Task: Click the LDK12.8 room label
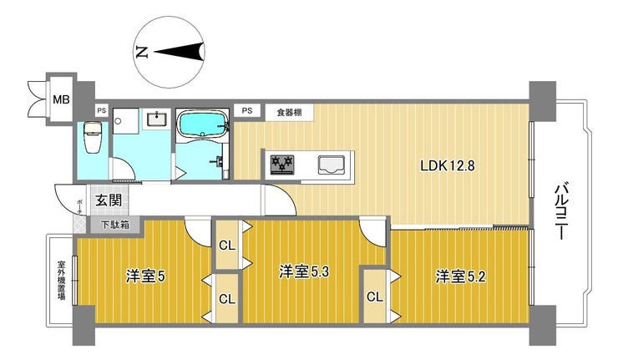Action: [448, 165]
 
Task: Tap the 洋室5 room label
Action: [145, 276]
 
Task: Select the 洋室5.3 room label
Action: [304, 272]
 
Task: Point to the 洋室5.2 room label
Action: [460, 276]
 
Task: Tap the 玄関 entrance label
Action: [109, 200]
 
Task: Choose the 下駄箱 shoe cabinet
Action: [115, 226]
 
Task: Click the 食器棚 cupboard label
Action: [289, 113]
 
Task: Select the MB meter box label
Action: [61, 99]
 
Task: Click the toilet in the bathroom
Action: [93, 137]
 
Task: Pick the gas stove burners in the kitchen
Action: [282, 165]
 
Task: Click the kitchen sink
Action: [332, 165]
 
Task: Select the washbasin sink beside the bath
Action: [157, 119]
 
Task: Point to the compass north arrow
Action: [180, 52]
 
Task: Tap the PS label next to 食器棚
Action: [247, 110]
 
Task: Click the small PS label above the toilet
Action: [102, 111]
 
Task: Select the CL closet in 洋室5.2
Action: [375, 297]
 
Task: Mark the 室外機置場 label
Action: [62, 281]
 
